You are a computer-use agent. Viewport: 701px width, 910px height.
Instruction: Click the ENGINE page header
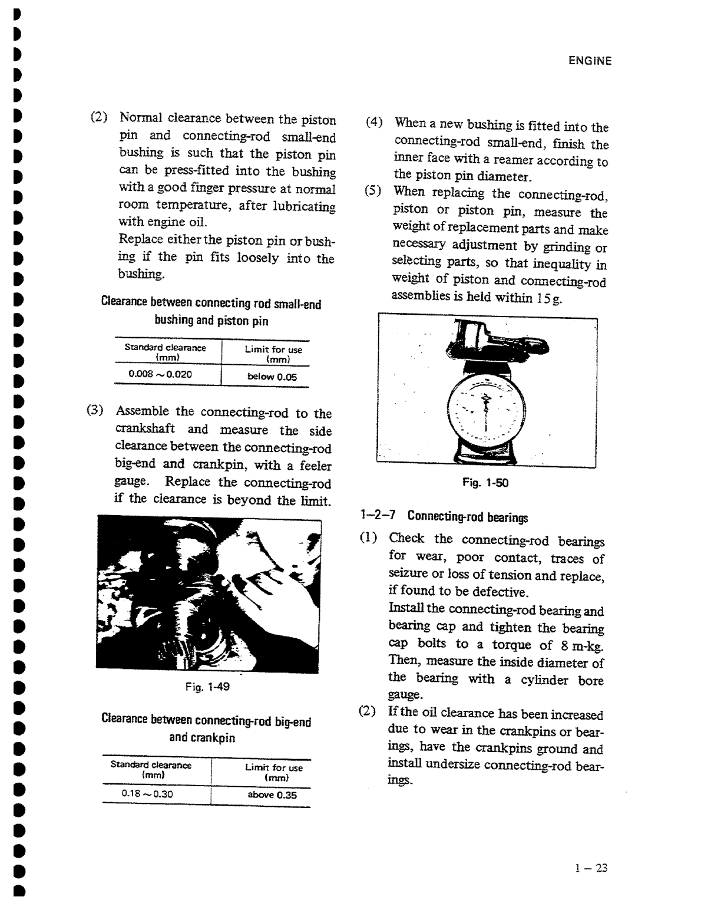click(590, 61)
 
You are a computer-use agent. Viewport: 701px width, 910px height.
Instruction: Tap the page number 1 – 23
click(591, 868)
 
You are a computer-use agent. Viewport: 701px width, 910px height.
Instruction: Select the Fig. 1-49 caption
click(207, 687)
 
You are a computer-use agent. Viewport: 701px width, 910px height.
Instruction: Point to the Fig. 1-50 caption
click(485, 483)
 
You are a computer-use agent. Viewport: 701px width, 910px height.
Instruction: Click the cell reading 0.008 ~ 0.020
click(160, 374)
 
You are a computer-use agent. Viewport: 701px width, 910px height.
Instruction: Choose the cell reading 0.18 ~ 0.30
click(147, 793)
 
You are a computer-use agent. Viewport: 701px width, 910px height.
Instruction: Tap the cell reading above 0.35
click(272, 794)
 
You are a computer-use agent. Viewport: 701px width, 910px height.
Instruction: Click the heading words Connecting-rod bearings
click(468, 517)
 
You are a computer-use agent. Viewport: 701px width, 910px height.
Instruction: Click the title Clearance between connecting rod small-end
click(211, 304)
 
